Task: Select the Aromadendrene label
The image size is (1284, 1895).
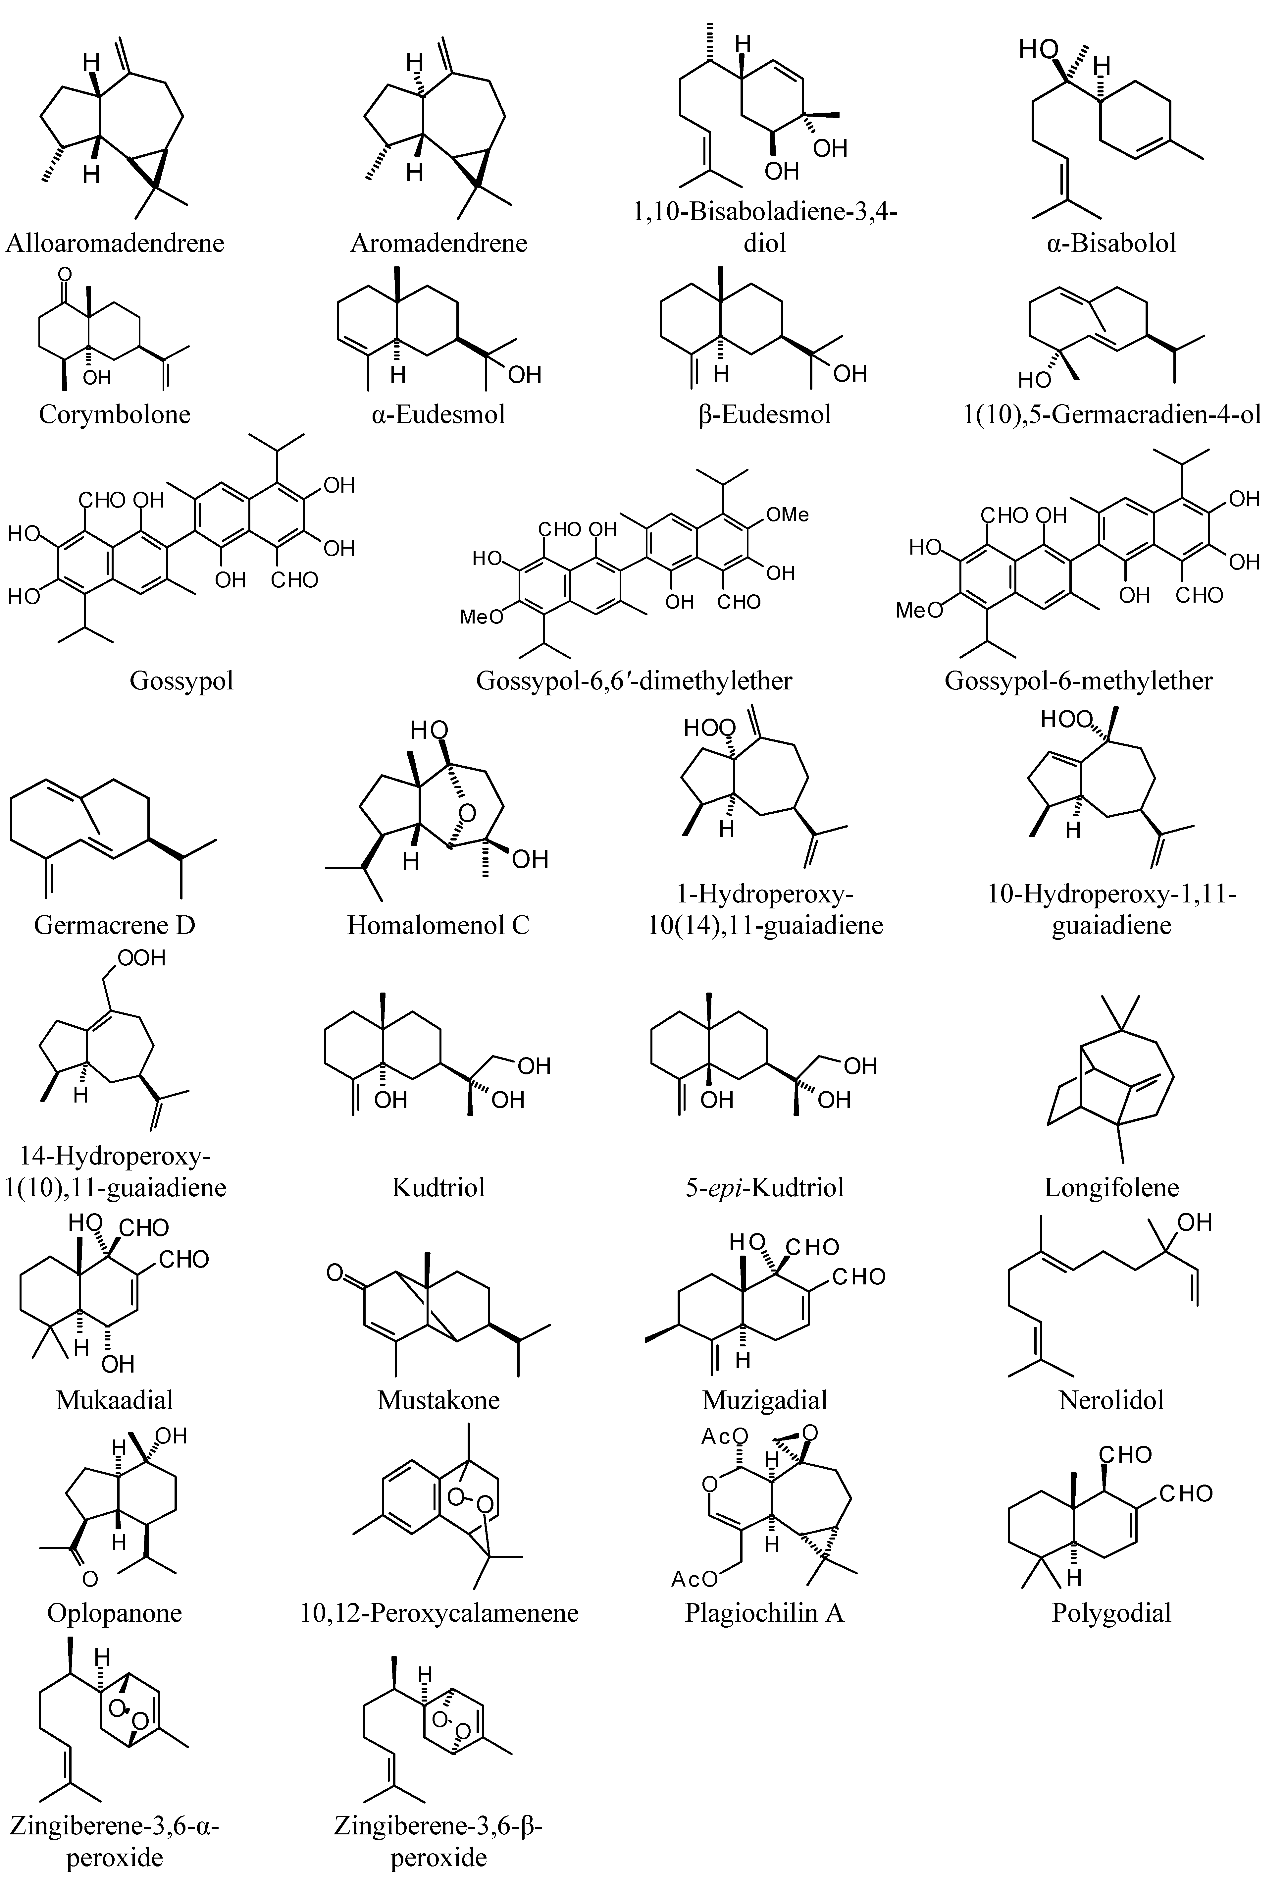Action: coord(438,243)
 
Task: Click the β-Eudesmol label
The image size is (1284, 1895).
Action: coord(765,414)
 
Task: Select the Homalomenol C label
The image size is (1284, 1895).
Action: coord(438,925)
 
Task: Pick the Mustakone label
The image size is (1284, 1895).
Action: coord(438,1400)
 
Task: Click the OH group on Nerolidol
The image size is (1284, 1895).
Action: coord(1195,1222)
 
